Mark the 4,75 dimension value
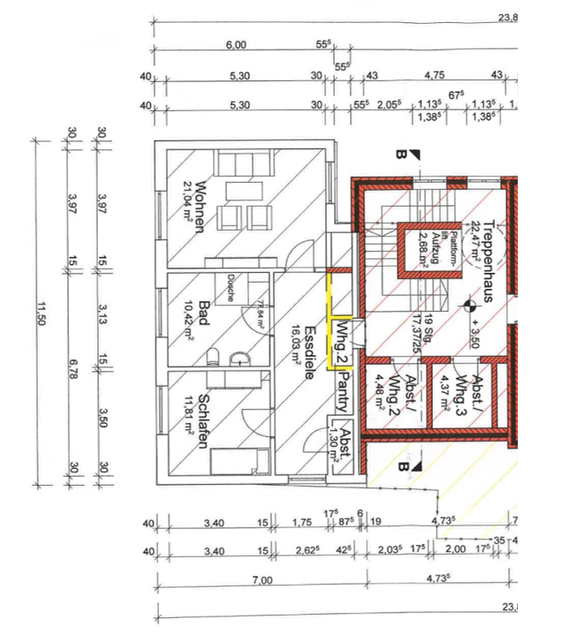434,75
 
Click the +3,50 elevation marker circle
467,306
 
